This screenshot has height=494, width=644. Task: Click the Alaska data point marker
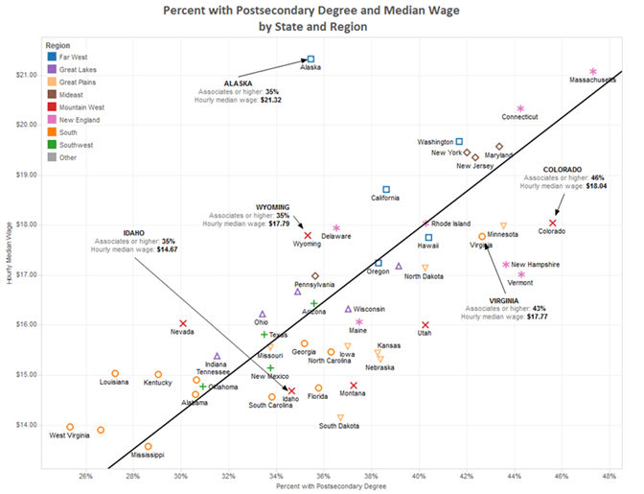(x=310, y=59)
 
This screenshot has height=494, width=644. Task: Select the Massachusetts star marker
(x=593, y=72)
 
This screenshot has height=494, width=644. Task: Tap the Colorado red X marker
(x=552, y=223)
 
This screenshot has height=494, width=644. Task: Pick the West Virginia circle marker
(x=70, y=427)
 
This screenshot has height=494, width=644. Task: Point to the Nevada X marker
(x=183, y=324)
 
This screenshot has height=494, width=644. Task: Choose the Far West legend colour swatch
(x=50, y=58)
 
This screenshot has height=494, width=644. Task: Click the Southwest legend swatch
(x=50, y=145)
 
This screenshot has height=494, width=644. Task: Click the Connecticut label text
(x=519, y=117)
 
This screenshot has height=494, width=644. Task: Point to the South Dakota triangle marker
(x=340, y=417)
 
